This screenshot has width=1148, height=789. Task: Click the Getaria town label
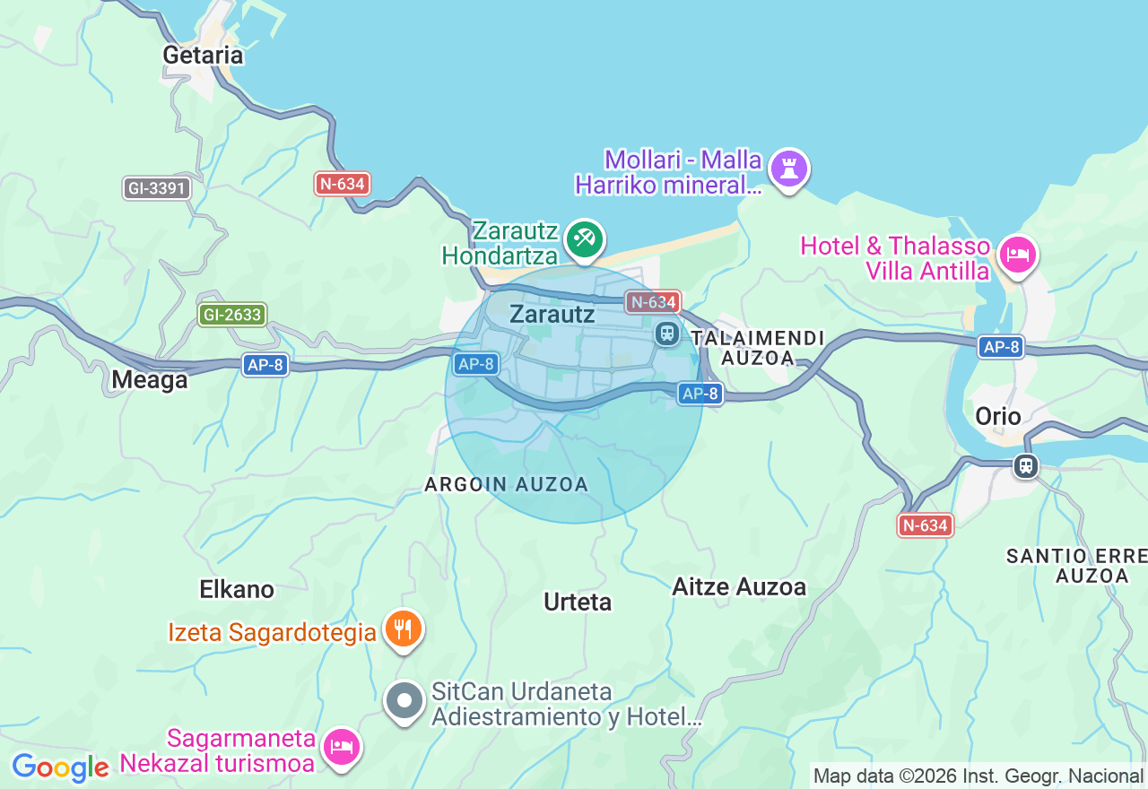[203, 55]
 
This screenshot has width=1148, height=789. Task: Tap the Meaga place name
[150, 380]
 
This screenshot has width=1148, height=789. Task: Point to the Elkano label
[237, 589]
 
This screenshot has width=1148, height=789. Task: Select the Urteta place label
[578, 602]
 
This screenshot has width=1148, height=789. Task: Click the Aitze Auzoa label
[739, 586]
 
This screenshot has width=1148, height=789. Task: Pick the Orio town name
[998, 416]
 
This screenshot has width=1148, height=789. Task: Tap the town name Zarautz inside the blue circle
[552, 314]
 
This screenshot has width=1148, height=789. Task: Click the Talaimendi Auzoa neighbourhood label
[758, 348]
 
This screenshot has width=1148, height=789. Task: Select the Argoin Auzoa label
[506, 484]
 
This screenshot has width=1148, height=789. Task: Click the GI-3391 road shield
[157, 188]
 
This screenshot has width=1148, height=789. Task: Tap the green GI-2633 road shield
[232, 315]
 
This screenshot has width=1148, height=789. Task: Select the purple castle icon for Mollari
[789, 169]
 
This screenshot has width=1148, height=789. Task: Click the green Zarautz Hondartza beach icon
[585, 238]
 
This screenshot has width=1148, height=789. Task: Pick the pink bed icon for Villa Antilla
[1018, 256]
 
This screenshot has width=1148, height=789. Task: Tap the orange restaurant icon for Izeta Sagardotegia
[404, 629]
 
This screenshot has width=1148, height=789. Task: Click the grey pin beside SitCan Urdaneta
[404, 700]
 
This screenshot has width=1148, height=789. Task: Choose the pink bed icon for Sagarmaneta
[342, 745]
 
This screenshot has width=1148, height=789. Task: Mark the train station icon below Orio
[1025, 466]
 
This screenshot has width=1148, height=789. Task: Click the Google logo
[59, 767]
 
